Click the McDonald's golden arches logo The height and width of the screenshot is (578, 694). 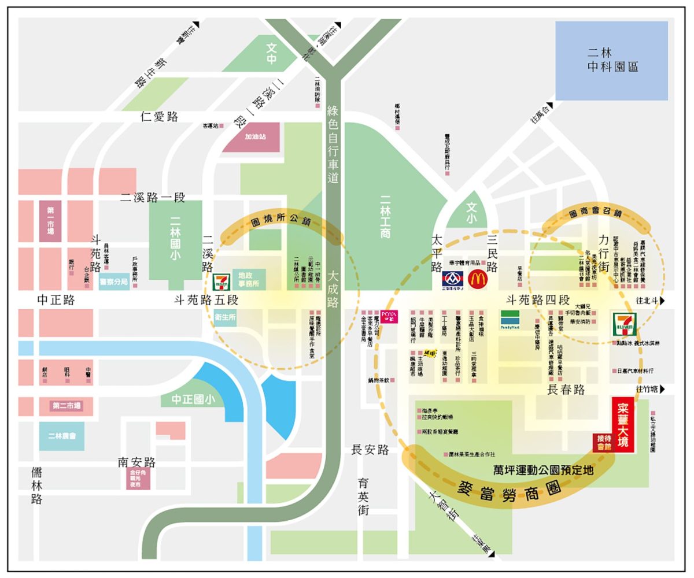(x=478, y=279)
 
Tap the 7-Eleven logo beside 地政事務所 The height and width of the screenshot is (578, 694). (x=220, y=283)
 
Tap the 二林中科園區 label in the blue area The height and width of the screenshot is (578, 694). (x=612, y=59)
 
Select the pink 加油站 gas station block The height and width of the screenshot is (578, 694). (x=255, y=138)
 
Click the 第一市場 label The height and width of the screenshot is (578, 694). (x=50, y=221)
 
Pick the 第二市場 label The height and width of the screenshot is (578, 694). (x=67, y=406)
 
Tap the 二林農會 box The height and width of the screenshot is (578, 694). (x=61, y=436)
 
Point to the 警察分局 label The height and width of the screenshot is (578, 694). (x=114, y=282)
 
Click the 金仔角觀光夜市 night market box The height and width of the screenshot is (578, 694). (x=138, y=479)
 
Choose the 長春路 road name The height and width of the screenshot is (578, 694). (x=566, y=390)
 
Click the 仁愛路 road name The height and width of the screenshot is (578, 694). (x=159, y=116)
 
